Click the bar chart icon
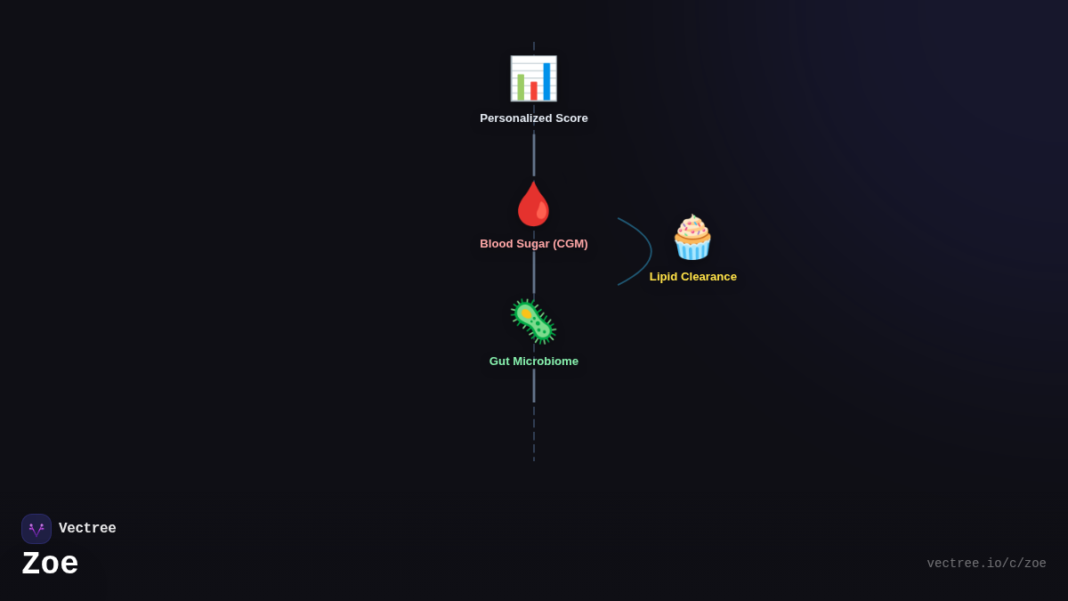click(533, 78)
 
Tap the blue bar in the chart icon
click(546, 82)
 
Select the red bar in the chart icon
click(533, 91)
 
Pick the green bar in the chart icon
click(521, 87)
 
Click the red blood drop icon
click(533, 204)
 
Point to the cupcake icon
click(692, 237)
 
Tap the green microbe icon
click(533, 321)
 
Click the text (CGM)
click(570, 244)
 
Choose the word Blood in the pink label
click(494, 244)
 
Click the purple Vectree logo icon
click(36, 529)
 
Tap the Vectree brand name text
click(87, 528)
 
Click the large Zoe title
click(50, 564)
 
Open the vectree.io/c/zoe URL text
click(986, 564)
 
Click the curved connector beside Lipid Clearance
click(651, 251)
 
